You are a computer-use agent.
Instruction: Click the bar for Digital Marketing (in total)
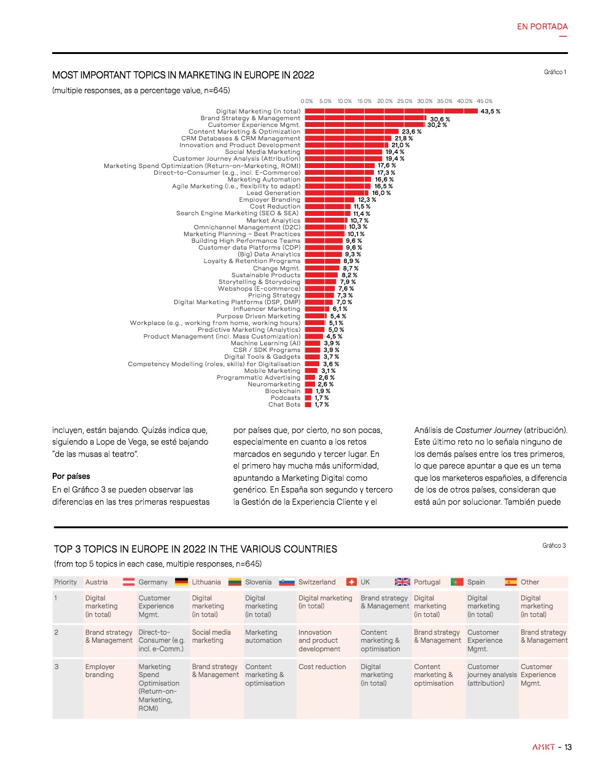[391, 112]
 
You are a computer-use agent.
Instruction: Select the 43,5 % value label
[490, 112]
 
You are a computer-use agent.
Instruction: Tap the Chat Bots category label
[284, 405]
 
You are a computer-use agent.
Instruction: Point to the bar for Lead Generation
[337, 193]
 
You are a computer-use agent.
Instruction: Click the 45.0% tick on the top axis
[485, 101]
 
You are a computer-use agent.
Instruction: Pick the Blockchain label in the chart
[282, 391]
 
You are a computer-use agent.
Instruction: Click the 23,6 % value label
[411, 132]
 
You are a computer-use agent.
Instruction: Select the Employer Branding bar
[330, 200]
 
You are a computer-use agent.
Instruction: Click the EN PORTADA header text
[542, 27]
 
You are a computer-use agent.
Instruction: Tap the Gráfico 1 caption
[555, 72]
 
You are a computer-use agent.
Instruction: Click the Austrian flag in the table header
[129, 582]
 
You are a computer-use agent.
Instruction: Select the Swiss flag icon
[351, 582]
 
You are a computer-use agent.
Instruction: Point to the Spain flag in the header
[511, 582]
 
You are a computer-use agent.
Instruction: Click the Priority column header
[66, 582]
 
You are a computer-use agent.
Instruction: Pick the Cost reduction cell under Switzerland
[322, 667]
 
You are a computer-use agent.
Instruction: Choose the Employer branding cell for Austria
[100, 671]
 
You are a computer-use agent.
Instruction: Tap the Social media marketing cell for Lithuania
[211, 637]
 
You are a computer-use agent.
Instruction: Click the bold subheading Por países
[71, 477]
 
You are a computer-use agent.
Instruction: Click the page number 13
[568, 747]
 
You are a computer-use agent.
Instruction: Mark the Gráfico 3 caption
[554, 546]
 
